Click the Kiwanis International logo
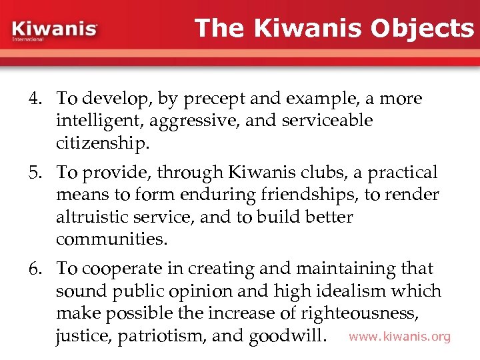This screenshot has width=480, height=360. pos(55,31)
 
